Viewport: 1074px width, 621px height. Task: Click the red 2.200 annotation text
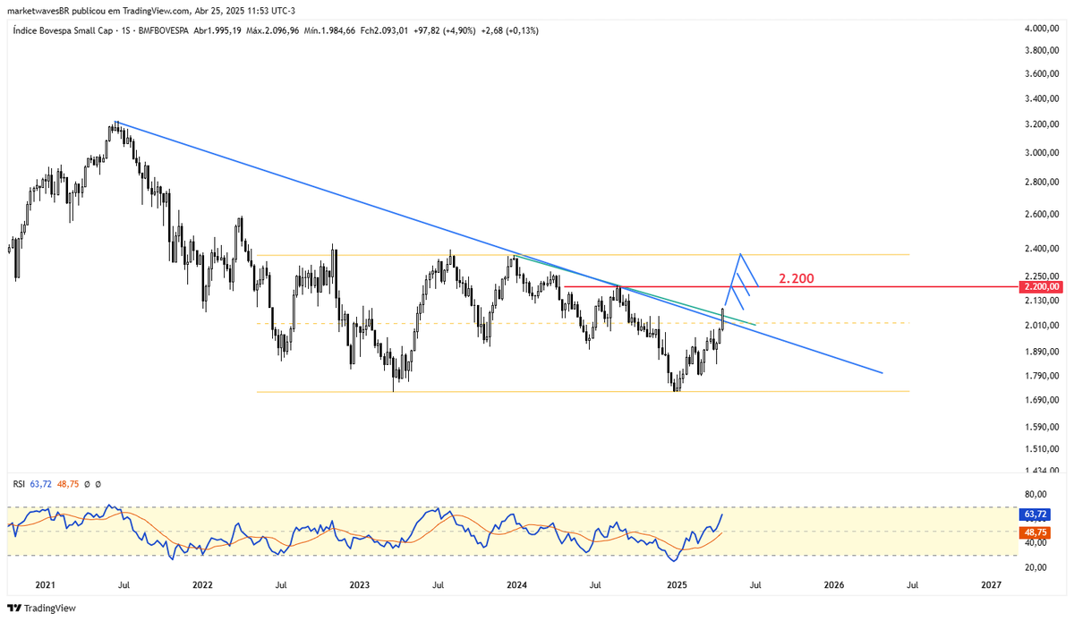tap(796, 278)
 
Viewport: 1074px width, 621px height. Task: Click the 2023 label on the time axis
tap(359, 585)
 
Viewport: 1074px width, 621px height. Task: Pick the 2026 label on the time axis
tap(833, 585)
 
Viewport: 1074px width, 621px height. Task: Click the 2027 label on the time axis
tap(991, 585)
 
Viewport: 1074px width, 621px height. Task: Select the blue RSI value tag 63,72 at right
tap(1035, 515)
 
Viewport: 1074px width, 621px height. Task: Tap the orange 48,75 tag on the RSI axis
tap(1035, 532)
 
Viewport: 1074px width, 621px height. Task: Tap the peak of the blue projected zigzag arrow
tap(740, 255)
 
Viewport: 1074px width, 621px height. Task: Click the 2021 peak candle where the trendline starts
tap(116, 123)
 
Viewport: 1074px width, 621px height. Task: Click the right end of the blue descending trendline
tap(883, 372)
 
